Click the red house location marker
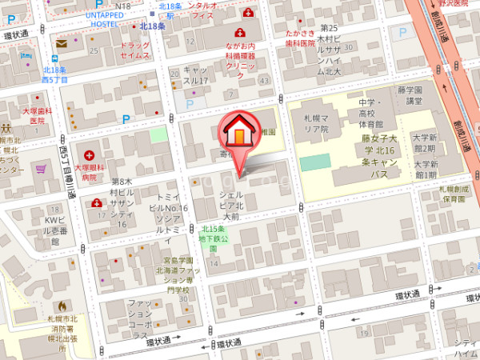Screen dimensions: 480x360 point(238,134)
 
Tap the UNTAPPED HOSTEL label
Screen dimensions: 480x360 point(105,20)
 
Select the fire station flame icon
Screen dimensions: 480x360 point(61,306)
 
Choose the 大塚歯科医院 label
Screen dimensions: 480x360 point(37,115)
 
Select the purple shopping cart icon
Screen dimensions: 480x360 point(40,169)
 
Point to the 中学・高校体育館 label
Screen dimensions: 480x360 point(370,113)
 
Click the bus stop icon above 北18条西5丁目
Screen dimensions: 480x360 point(54,57)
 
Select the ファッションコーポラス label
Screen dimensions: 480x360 point(144,318)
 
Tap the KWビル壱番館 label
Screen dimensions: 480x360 point(54,230)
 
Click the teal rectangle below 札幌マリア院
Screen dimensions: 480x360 point(315,162)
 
